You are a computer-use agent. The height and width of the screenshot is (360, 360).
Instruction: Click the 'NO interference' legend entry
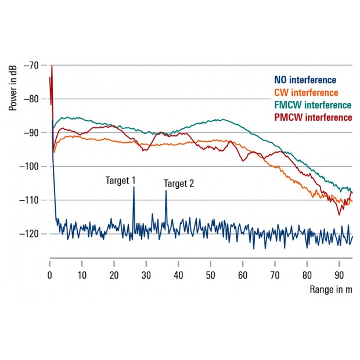(305, 80)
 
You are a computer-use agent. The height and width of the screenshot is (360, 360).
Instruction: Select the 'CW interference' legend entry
(305, 92)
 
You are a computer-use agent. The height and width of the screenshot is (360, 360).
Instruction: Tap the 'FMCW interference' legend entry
(313, 105)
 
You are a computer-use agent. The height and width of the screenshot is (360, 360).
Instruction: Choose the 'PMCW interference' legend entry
(314, 117)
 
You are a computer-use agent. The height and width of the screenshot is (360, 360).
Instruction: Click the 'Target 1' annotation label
(121, 181)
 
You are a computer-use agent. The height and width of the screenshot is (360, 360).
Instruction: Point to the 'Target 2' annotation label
(179, 183)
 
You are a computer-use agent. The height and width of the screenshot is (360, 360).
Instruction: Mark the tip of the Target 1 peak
(134, 187)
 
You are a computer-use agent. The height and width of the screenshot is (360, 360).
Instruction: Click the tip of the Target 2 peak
(165, 191)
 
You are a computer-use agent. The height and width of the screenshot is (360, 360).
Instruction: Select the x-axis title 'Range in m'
(331, 290)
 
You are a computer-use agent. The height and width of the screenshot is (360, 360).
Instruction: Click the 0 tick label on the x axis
(50, 275)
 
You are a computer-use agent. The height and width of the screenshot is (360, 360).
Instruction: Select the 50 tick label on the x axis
(211, 275)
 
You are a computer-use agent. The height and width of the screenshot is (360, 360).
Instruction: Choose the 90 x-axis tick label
(339, 275)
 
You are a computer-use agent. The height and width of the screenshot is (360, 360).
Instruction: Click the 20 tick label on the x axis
(114, 275)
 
